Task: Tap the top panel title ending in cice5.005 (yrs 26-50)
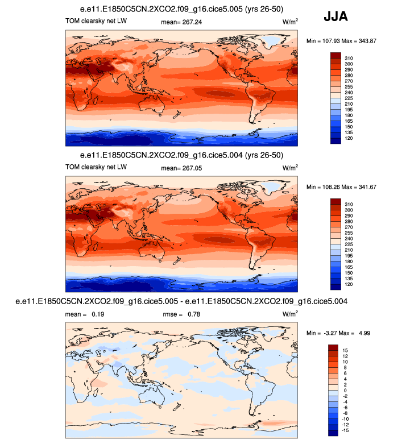tap(183, 10)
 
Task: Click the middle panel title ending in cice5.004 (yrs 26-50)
tap(183, 155)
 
